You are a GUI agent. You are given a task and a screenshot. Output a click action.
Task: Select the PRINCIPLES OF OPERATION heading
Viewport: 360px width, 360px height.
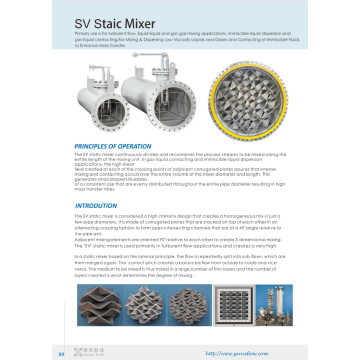pyautogui.click(x=118, y=147)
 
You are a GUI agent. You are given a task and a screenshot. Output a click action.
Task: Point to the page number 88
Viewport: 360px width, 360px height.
pyautogui.click(x=61, y=352)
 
